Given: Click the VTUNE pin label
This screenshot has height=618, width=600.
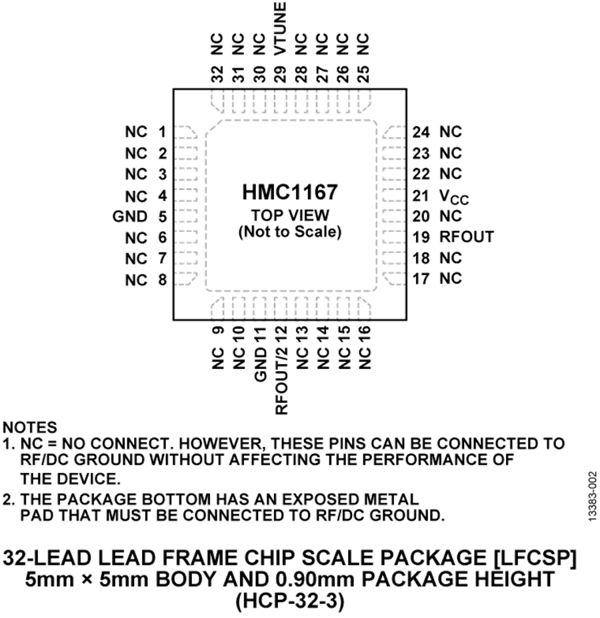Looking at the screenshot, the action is [x=280, y=29].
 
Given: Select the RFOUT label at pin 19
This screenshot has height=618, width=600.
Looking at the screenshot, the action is [x=467, y=237].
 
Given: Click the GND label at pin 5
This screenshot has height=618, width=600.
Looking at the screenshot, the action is [x=130, y=216].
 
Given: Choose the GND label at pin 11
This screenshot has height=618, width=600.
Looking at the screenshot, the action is [x=261, y=364].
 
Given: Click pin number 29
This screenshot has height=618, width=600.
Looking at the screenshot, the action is [x=280, y=74].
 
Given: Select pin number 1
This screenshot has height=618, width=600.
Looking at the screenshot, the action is [x=162, y=132].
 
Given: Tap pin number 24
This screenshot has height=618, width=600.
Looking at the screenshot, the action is [x=421, y=132].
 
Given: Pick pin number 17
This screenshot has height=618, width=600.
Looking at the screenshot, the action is [x=421, y=279].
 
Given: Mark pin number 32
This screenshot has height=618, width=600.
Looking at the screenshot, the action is [x=217, y=74].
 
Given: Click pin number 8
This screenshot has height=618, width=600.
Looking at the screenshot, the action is [x=163, y=280].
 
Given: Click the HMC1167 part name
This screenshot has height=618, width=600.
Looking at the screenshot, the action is [x=290, y=192].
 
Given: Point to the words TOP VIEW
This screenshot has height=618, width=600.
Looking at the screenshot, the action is [x=290, y=215].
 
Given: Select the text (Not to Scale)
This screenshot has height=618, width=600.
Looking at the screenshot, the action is [x=290, y=232].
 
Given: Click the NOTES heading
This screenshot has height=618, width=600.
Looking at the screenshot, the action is [x=30, y=428].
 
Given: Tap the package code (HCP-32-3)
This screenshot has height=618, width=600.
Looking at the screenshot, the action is [x=290, y=602].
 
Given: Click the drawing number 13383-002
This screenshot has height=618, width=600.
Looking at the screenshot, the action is [x=593, y=497].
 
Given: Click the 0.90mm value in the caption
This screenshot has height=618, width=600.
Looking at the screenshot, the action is [x=317, y=579].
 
